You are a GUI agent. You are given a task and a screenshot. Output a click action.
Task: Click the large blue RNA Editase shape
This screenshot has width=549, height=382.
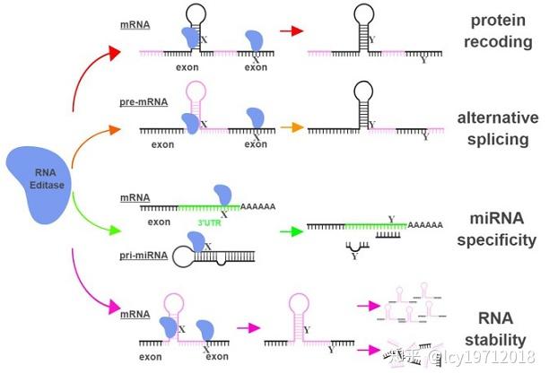pos(39,185)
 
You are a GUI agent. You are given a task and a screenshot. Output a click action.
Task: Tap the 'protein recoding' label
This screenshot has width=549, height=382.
pos(498,31)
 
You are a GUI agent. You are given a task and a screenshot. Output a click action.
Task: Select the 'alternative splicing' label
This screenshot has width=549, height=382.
pos(498,128)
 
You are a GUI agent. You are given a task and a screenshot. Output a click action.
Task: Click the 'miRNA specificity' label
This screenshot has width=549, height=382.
pos(496,230)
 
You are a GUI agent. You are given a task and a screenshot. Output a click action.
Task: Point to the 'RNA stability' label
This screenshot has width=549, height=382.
pos(495,329)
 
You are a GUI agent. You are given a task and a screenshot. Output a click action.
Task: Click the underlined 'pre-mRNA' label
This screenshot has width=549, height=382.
pos(144,102)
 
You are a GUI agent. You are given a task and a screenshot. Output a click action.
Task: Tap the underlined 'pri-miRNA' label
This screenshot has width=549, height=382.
pos(144,256)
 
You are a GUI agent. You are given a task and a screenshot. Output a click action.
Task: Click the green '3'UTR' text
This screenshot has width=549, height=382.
pos(210,222)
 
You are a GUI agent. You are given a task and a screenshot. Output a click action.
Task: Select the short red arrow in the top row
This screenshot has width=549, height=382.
pos(292,30)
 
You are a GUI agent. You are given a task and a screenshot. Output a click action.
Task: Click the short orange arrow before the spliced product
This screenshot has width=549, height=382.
pos(292,127)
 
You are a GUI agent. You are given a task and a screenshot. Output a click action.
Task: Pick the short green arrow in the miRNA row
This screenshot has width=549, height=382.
pos(292,231)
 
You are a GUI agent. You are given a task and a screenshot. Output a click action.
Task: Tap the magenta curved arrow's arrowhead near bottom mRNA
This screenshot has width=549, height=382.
pos(115,308)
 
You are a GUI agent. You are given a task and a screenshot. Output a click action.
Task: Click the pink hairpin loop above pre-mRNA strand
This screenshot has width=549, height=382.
pos(196,91)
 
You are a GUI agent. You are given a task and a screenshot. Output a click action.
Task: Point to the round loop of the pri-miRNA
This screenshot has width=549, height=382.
pos(183,257)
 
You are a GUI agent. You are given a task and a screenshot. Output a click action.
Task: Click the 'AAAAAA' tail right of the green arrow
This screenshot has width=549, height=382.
pos(425,225)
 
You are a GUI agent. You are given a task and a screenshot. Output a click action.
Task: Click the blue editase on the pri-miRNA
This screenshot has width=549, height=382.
pos(196,241)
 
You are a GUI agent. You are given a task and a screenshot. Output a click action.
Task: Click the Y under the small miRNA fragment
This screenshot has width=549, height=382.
pos(354,256)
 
